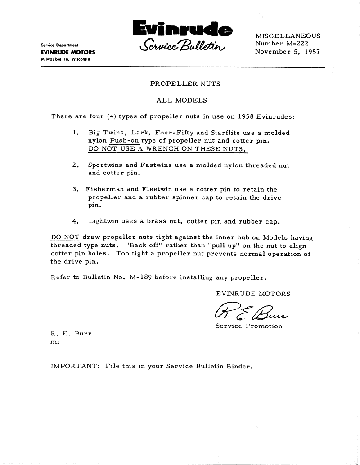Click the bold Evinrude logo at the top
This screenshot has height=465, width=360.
click(x=184, y=29)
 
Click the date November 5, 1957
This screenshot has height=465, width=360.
click(x=287, y=51)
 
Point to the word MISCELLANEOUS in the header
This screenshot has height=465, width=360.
click(x=288, y=36)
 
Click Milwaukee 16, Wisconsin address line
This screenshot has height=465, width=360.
click(x=65, y=59)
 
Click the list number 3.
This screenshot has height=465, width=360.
click(x=75, y=189)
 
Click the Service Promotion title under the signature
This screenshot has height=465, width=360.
click(x=249, y=326)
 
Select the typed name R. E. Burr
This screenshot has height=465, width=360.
click(x=71, y=334)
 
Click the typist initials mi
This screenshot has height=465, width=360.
click(x=55, y=341)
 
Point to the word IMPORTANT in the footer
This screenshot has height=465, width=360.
click(x=74, y=366)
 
